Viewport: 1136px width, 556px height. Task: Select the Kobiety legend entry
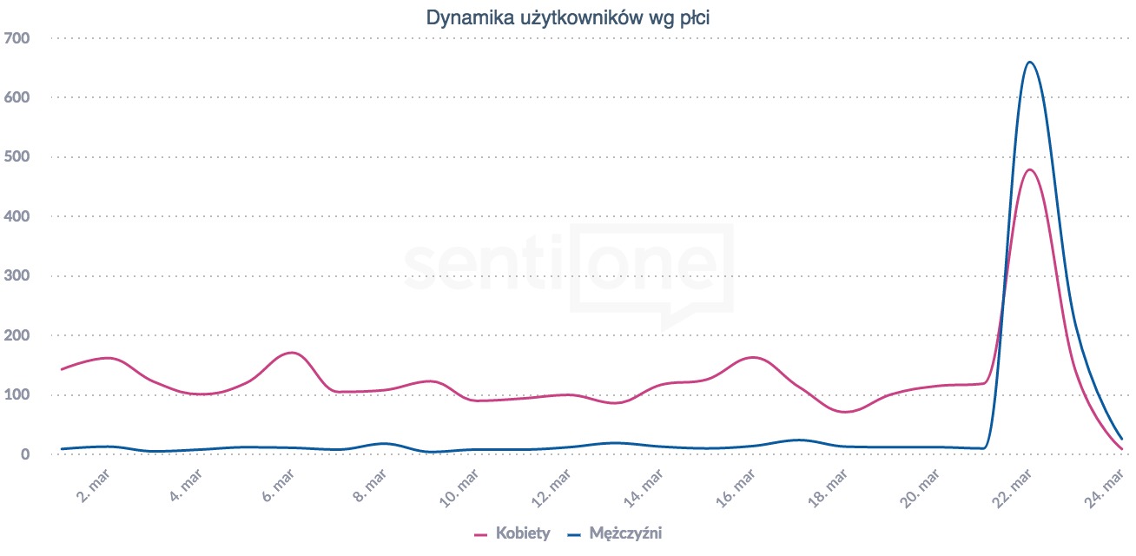(x=522, y=533)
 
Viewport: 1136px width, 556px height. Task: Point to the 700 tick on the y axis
(x=17, y=38)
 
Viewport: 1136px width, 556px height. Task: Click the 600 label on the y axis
(x=17, y=97)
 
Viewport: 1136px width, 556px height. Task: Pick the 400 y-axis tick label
(x=17, y=216)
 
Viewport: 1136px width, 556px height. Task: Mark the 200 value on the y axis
(x=17, y=335)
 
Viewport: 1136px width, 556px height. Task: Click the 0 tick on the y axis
(x=25, y=454)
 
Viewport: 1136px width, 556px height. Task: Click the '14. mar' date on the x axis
(x=647, y=486)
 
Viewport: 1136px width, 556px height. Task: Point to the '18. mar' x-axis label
(x=834, y=486)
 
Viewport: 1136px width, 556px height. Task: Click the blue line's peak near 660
(x=1029, y=62)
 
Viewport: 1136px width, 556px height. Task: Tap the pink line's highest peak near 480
(x=1029, y=169)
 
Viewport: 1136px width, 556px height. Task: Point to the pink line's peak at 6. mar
(x=291, y=353)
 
